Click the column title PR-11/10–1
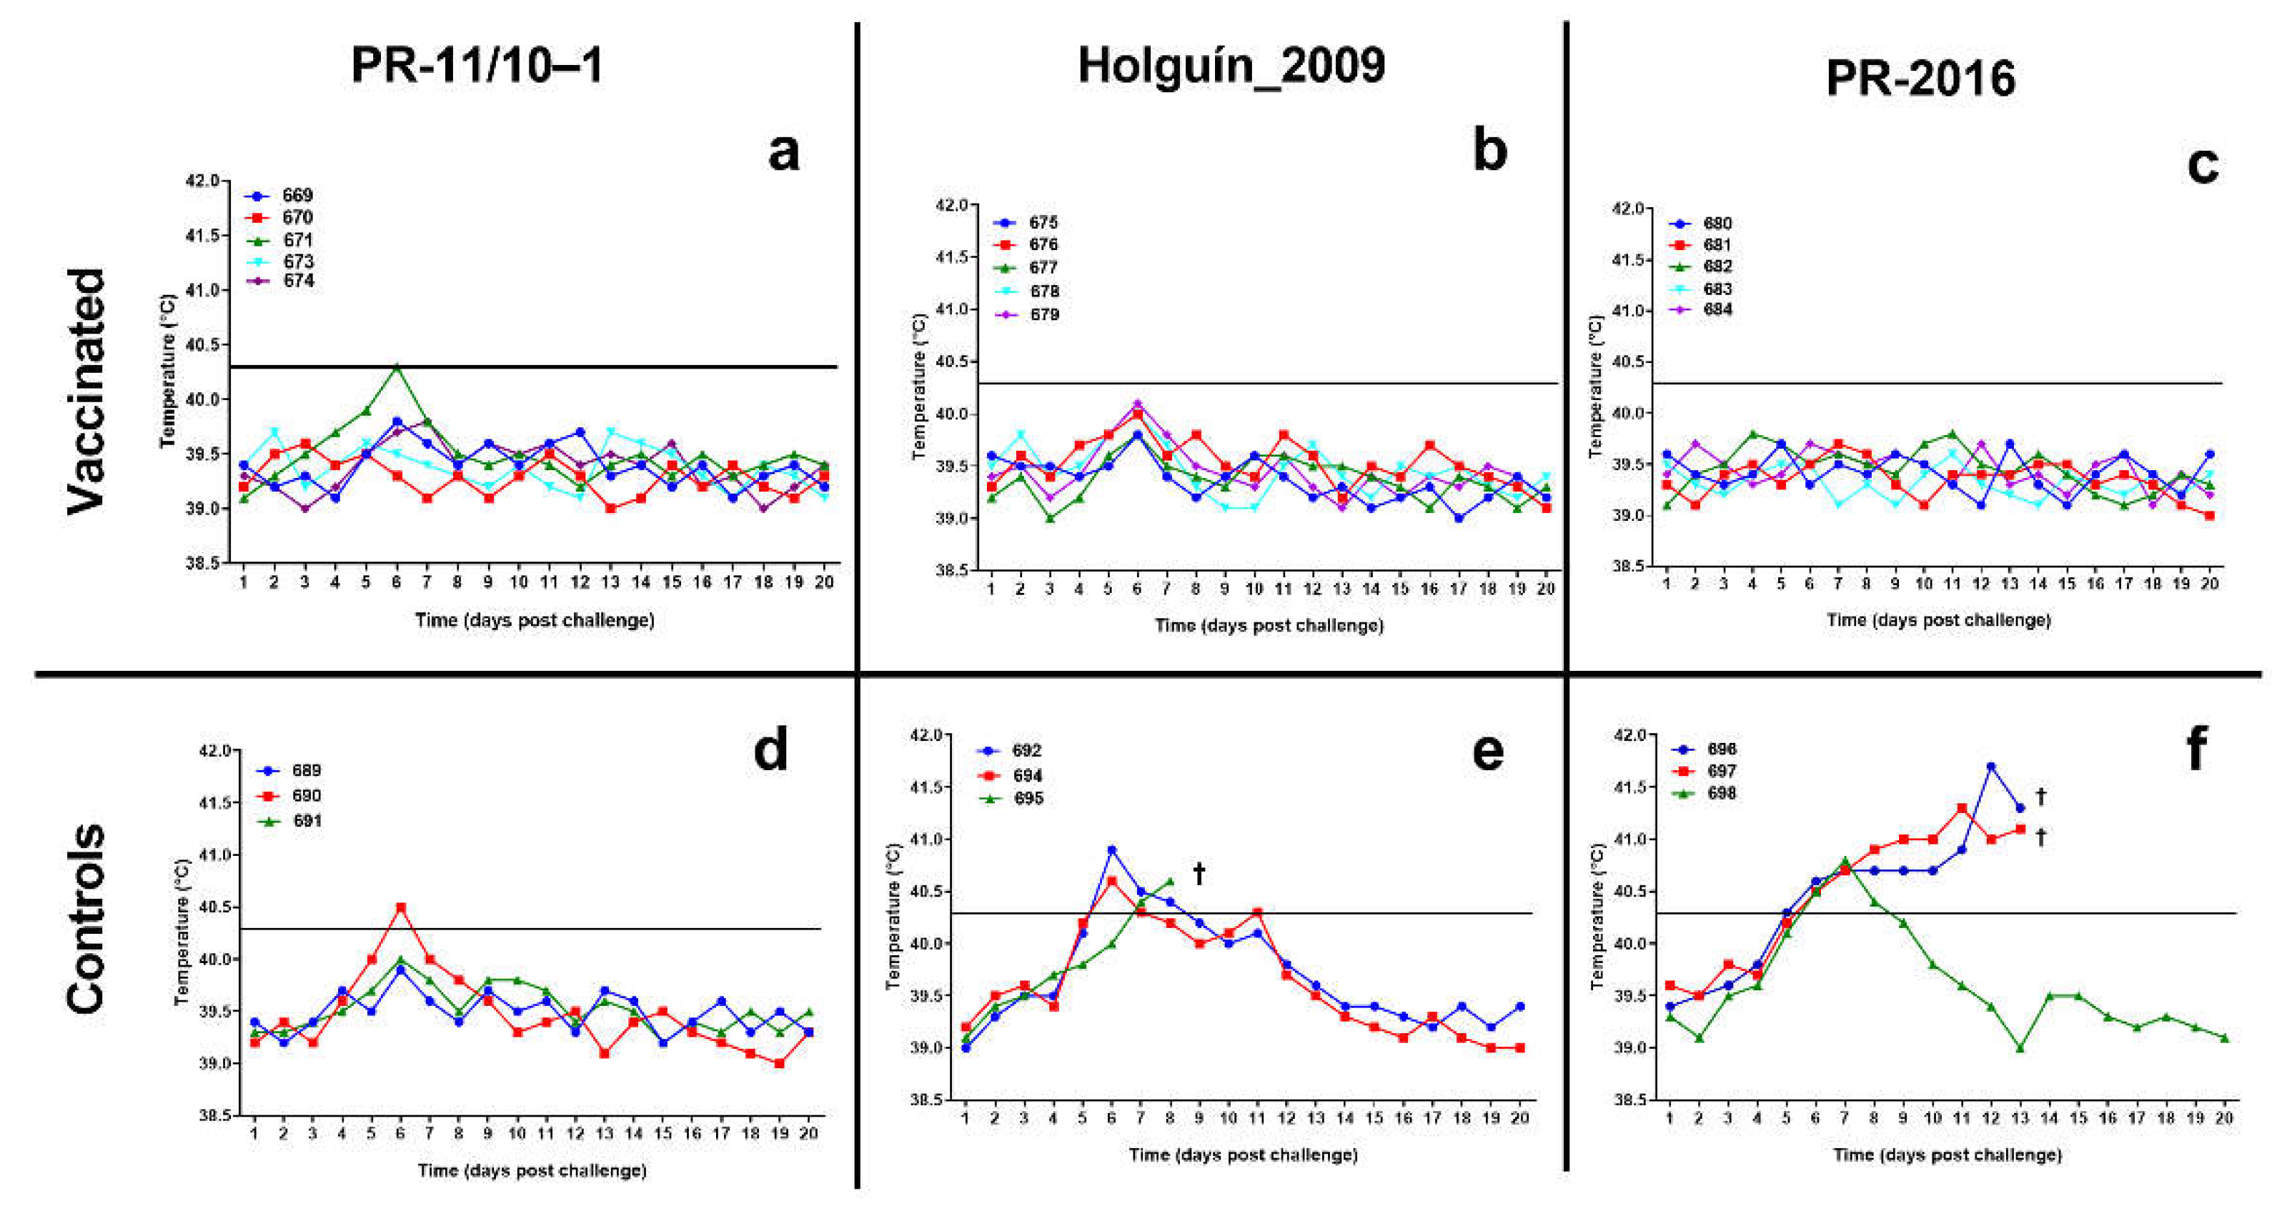point(477,66)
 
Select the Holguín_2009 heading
point(1231,66)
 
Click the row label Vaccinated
point(87,391)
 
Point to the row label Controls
point(87,918)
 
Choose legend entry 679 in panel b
point(1044,314)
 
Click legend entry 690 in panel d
point(307,795)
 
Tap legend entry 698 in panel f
point(1720,793)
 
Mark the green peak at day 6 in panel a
point(397,367)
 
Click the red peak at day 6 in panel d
point(400,907)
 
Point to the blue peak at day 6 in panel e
point(1111,849)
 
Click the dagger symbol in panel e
point(1199,874)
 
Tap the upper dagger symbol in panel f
point(2041,797)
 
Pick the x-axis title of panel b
point(1269,625)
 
